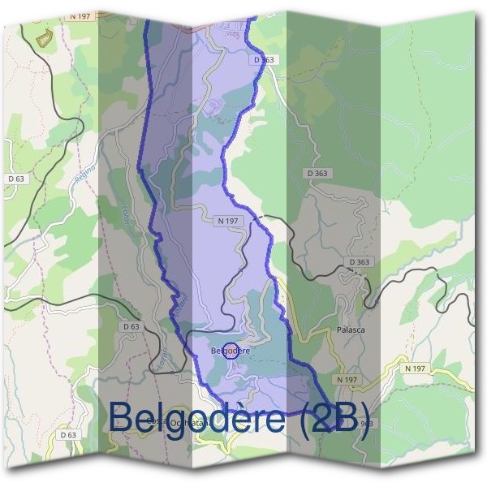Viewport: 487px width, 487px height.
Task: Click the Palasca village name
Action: tap(351, 330)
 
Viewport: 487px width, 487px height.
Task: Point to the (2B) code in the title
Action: tap(333, 416)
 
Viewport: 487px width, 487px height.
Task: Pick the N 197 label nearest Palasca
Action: tap(346, 379)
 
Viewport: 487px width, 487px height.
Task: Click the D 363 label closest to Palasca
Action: tap(359, 262)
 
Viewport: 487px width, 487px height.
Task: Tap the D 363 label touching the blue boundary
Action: tap(265, 59)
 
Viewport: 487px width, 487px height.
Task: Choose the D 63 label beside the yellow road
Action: tap(68, 435)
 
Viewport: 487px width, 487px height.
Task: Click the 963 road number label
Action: tap(366, 423)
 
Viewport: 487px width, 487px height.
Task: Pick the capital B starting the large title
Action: tap(121, 416)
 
